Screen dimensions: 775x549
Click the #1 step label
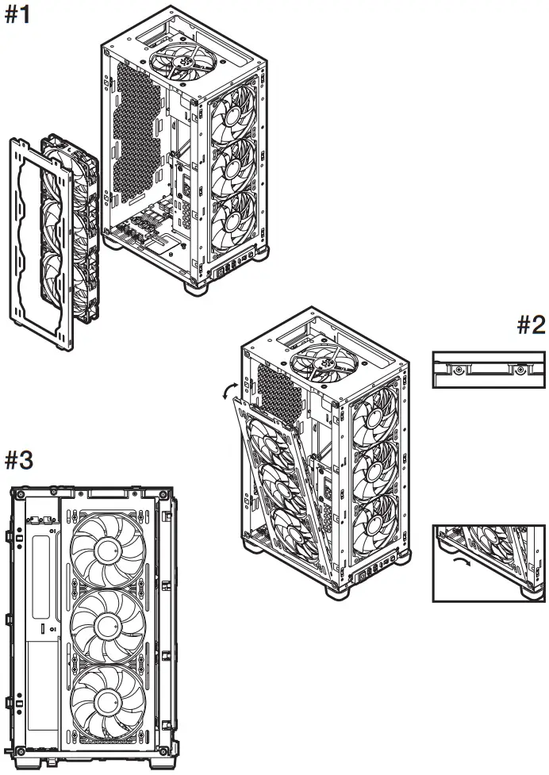click(18, 16)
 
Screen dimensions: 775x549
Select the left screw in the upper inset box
click(458, 369)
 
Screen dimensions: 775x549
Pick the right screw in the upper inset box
click(520, 369)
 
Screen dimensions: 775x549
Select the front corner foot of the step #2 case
click(336, 590)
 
